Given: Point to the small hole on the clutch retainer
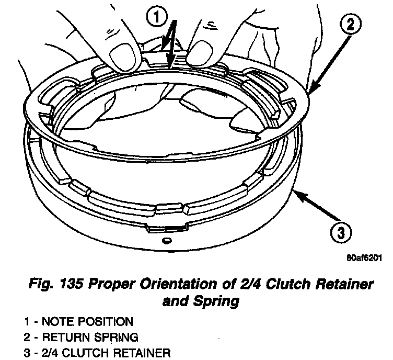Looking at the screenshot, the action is [x=167, y=241].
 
